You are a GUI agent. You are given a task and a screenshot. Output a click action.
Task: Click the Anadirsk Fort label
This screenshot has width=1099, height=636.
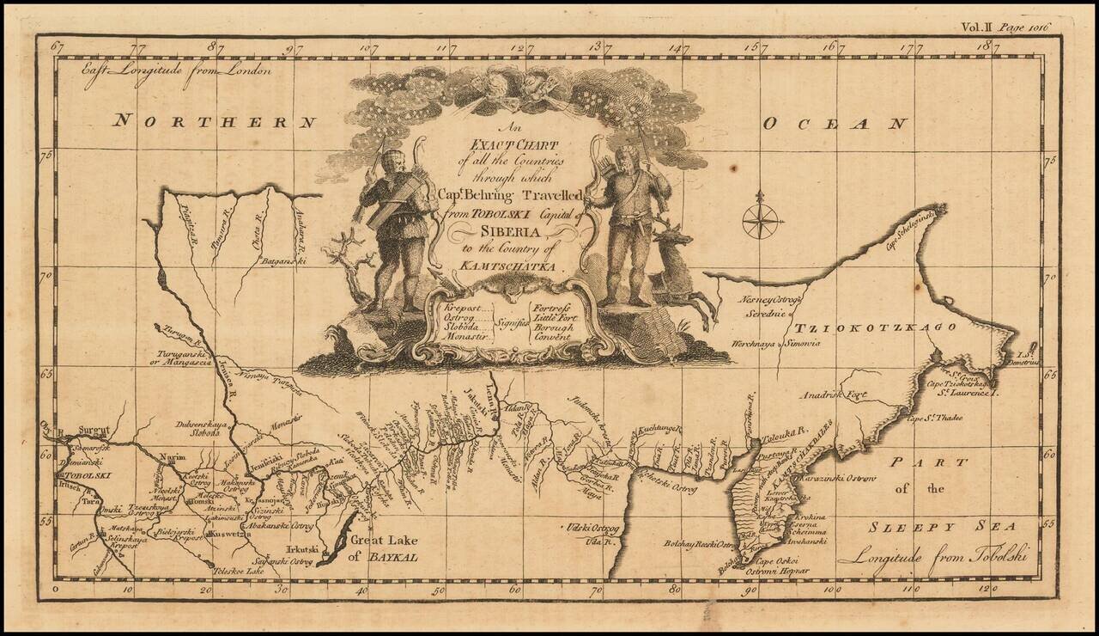(829, 396)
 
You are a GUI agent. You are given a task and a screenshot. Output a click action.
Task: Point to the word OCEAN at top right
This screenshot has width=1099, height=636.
(835, 124)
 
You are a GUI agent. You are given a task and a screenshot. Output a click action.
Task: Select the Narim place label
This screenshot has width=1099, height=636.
(173, 461)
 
